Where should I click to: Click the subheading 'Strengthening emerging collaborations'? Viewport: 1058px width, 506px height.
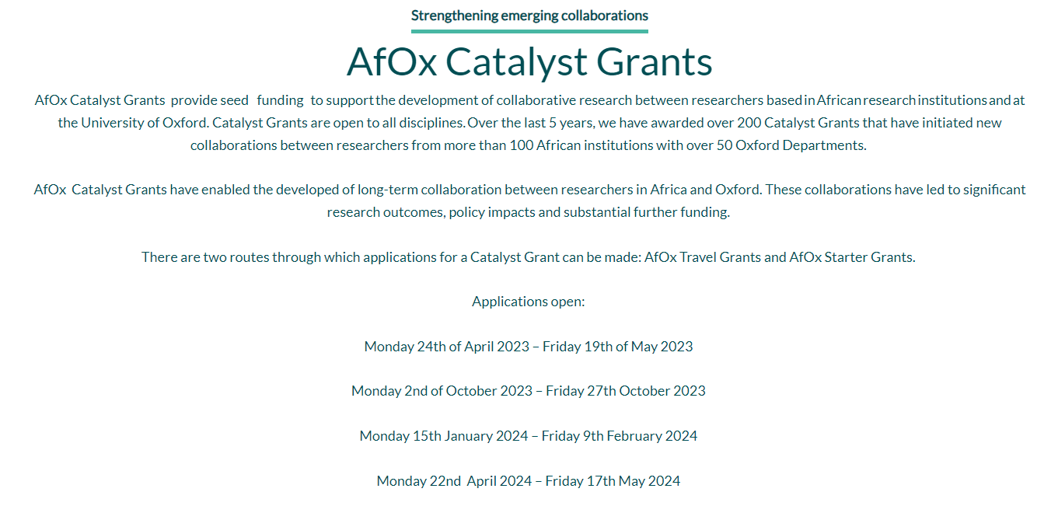tap(529, 16)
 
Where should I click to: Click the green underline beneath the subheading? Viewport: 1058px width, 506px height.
tap(529, 31)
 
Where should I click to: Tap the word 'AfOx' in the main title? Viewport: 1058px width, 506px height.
tap(392, 61)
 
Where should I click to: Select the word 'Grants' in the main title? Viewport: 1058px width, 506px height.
tap(655, 61)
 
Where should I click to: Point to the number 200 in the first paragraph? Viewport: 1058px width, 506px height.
tap(749, 123)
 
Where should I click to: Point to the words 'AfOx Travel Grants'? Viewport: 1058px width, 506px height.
tap(703, 257)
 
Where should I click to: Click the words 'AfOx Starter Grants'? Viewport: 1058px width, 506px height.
tap(851, 257)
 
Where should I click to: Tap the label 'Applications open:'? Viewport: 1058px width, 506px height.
tap(529, 302)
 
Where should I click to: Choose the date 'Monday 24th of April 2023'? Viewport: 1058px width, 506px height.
tap(447, 347)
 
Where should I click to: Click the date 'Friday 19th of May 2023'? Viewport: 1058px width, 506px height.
tap(618, 347)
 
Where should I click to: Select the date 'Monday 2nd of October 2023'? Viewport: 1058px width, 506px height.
tap(442, 391)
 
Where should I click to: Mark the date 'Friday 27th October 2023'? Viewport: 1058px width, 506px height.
tap(626, 391)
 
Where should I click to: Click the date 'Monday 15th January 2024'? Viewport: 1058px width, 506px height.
tap(444, 435)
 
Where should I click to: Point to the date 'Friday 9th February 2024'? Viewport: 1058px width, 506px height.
tap(620, 435)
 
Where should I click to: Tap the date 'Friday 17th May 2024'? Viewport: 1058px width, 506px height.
tap(613, 481)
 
